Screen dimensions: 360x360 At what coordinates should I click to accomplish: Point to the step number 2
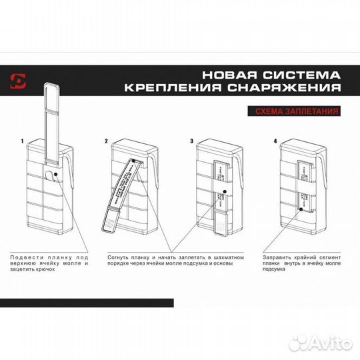pyautogui.click(x=107, y=142)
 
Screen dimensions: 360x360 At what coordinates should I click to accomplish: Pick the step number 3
pyautogui.click(x=191, y=142)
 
